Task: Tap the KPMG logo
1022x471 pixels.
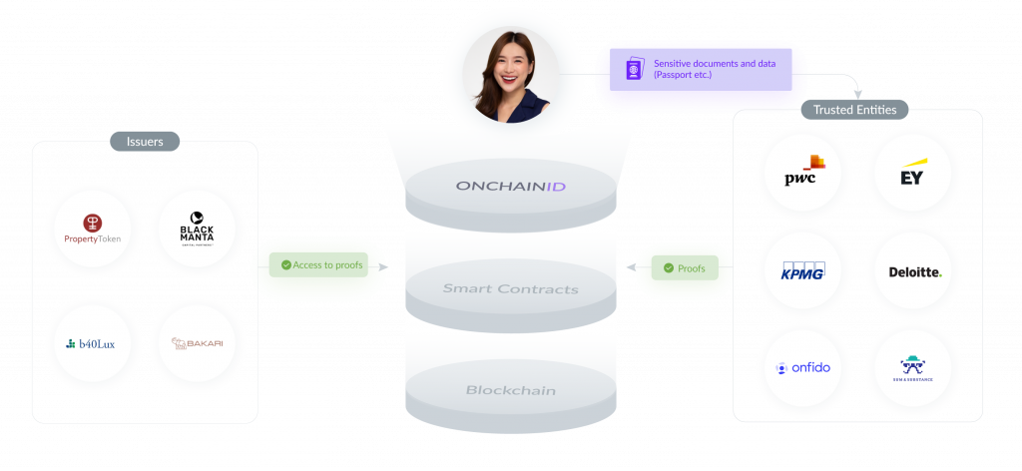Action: (803, 270)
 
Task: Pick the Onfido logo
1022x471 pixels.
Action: (803, 367)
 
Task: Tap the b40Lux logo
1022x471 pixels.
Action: (92, 344)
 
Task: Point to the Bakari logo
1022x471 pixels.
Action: (197, 344)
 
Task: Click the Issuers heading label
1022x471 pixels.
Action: (145, 142)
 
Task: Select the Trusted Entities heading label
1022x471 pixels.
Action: (854, 110)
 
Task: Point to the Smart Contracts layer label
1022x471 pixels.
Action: (511, 289)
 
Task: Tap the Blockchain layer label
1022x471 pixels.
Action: (511, 389)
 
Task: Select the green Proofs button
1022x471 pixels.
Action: (684, 268)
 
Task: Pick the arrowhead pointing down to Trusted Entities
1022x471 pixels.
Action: (855, 94)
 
